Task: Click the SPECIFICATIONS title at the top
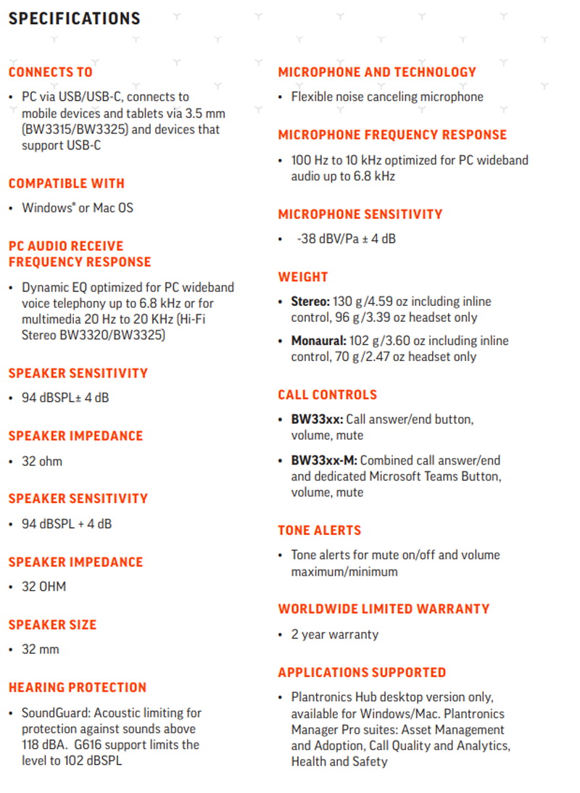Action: click(x=75, y=19)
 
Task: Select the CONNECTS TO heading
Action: click(x=51, y=72)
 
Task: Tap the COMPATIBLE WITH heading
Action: click(x=67, y=183)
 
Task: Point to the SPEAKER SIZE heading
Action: click(x=52, y=624)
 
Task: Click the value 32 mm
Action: click(x=41, y=649)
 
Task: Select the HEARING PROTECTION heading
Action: click(x=78, y=687)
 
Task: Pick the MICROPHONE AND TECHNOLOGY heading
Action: click(x=377, y=72)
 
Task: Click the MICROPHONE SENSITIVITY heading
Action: click(x=360, y=214)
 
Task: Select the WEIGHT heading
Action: click(x=303, y=277)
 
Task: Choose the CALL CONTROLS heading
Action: click(x=328, y=394)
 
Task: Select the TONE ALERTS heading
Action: click(x=320, y=530)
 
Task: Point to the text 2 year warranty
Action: click(x=335, y=634)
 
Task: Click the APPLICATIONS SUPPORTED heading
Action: click(x=362, y=672)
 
